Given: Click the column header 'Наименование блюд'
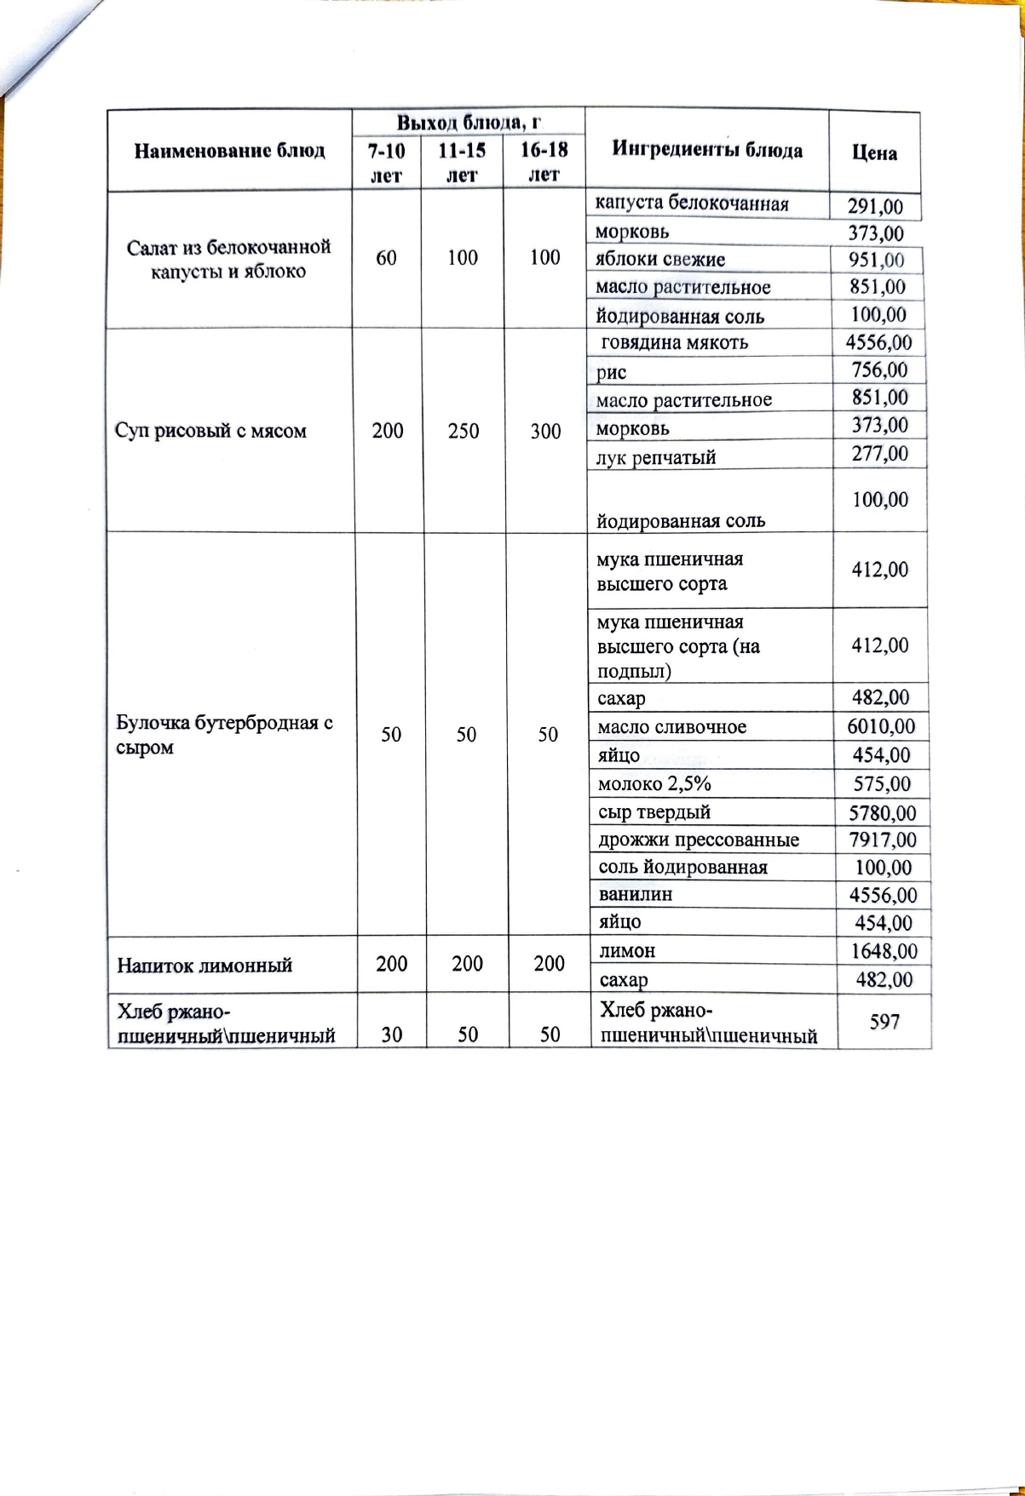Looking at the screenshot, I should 229,151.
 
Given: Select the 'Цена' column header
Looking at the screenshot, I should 874,152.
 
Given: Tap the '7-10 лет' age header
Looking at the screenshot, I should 386,162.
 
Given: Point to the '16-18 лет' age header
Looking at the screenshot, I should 544,162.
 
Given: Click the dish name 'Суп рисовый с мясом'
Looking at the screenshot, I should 210,431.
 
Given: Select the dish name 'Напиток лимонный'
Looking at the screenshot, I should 204,965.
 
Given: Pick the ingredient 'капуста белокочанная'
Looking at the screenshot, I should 691,203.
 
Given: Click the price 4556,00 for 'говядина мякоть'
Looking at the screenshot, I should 878,343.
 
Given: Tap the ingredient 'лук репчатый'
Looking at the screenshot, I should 655,458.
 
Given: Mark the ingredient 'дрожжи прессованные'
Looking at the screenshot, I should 699,840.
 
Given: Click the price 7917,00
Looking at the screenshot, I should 883,840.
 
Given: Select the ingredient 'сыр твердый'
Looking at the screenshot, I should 654,812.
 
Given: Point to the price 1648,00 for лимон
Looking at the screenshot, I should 883,950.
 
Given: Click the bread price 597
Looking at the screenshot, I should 884,1021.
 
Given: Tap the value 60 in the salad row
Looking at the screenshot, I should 386,257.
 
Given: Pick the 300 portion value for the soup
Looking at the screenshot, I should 545,431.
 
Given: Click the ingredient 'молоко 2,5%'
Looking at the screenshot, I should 654,783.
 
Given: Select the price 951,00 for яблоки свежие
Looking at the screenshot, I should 876,260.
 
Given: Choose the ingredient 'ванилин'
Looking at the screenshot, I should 635,894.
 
